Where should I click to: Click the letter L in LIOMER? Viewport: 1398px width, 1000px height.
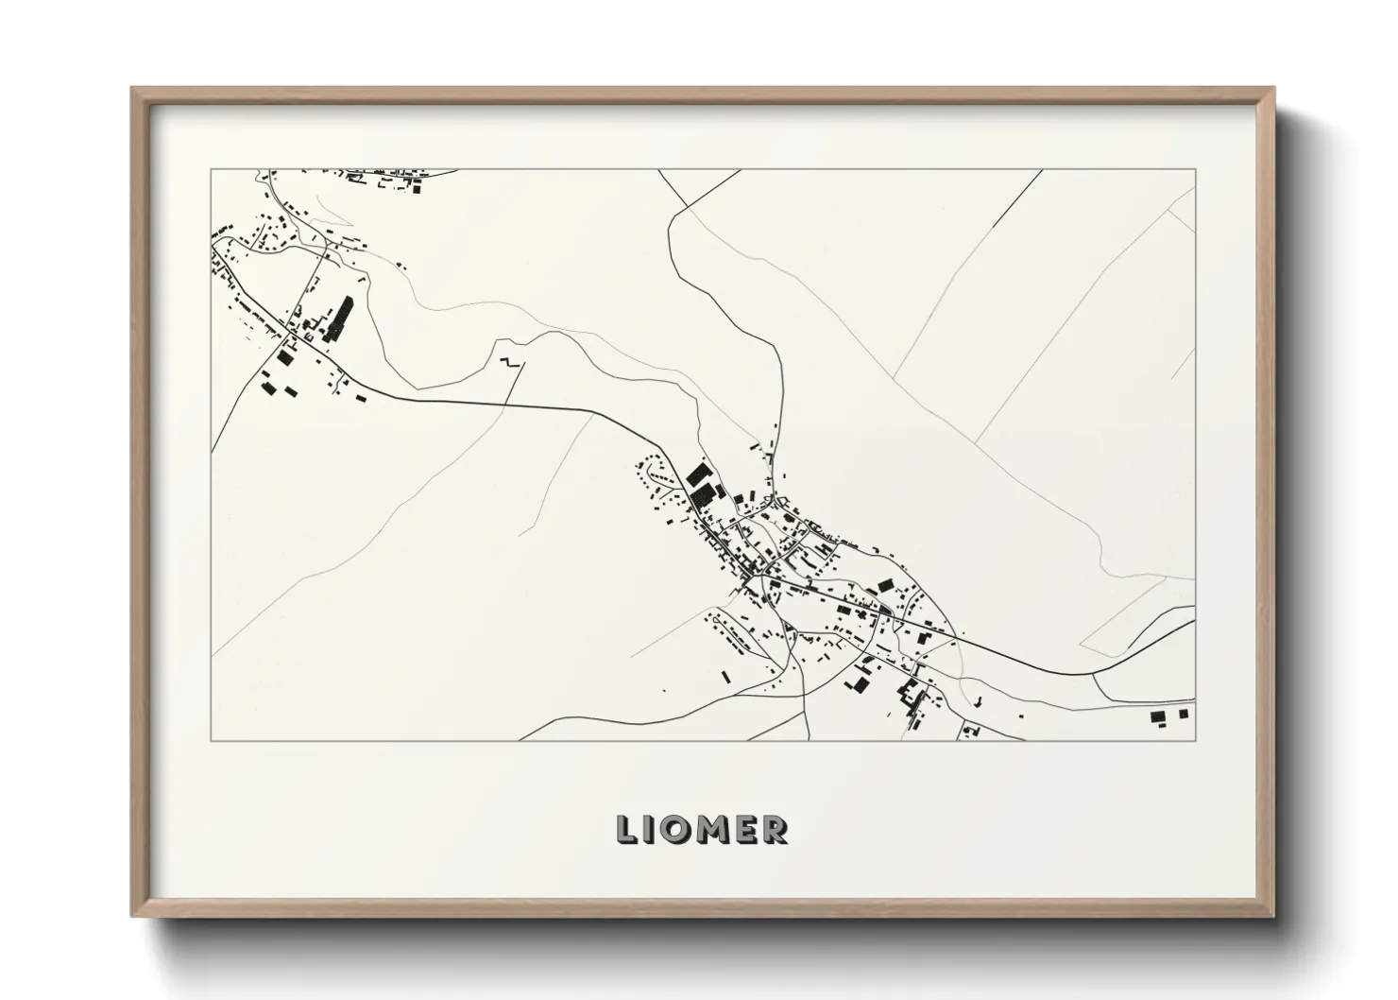[x=626, y=829]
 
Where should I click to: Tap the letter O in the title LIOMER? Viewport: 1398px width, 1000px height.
[x=675, y=829]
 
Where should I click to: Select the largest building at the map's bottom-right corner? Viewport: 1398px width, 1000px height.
[x=1158, y=717]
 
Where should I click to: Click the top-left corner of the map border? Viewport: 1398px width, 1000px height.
[x=212, y=170]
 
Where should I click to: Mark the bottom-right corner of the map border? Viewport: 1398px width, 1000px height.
[x=1195, y=740]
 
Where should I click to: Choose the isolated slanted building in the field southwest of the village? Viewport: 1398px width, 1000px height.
[x=725, y=676]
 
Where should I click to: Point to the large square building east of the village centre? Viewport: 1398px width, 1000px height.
[x=885, y=586]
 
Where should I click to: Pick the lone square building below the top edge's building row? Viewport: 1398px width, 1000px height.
[x=417, y=188]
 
